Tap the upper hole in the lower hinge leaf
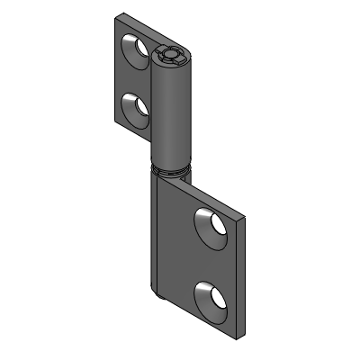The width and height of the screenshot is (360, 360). coord(211,226)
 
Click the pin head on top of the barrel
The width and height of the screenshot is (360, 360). coord(171,57)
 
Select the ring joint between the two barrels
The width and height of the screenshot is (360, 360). coord(170,167)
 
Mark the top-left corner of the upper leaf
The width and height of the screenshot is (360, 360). coord(116,19)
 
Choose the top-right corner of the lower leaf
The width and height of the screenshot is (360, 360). coord(242,216)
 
